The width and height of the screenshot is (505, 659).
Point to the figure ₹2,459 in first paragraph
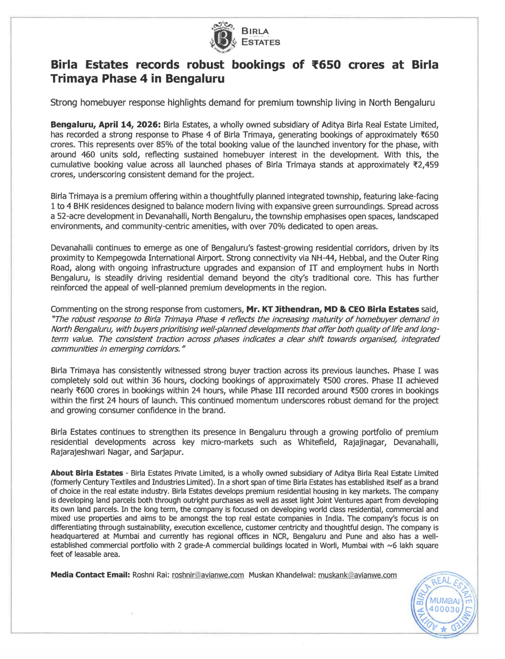425,165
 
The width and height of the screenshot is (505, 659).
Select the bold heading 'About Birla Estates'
87,473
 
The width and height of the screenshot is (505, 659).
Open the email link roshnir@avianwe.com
208,575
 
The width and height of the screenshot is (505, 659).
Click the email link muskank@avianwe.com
357,575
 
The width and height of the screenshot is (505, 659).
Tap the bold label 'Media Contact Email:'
90,575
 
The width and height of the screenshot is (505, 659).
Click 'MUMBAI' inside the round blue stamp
444,601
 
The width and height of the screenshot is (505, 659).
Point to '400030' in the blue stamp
444,609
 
